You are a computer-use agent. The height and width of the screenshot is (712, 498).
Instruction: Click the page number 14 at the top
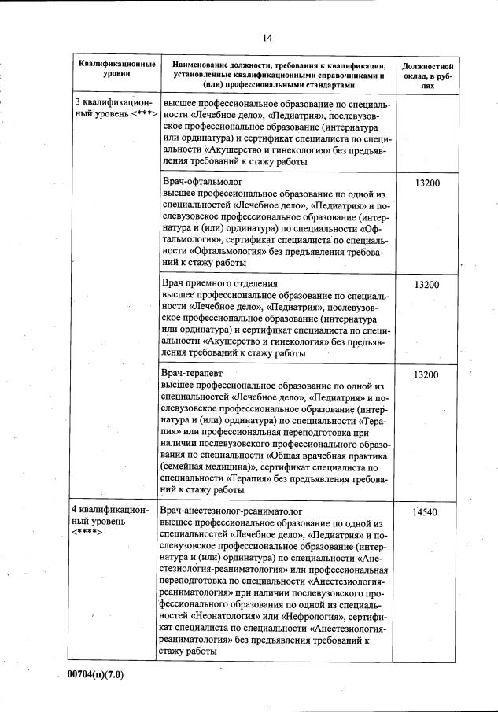[x=267, y=37]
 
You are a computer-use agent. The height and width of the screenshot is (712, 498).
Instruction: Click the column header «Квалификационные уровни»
[x=116, y=68]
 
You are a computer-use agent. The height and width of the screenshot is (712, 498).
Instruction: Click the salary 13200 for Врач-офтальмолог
[x=426, y=183]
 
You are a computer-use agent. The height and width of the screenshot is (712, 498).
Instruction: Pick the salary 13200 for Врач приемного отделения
[x=426, y=284]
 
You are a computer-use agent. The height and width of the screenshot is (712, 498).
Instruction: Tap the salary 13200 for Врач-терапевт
[x=426, y=374]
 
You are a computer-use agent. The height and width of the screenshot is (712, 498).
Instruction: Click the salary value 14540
[x=425, y=512]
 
